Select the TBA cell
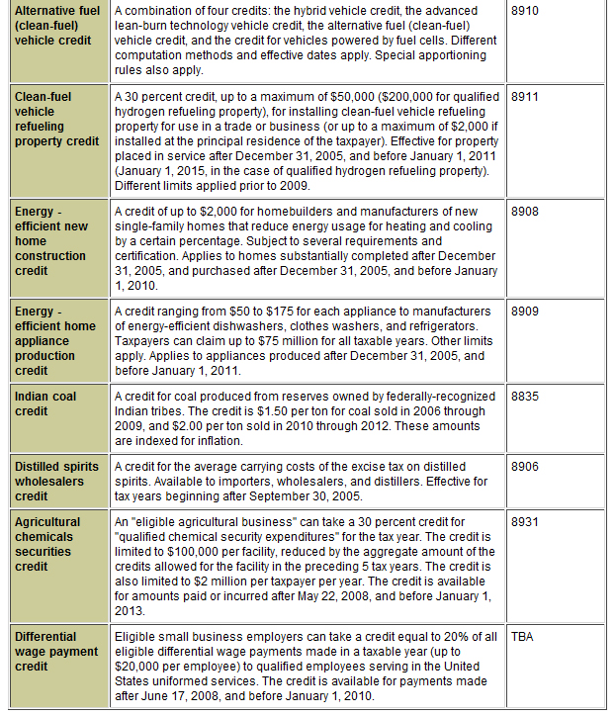click(523, 637)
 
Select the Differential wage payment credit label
click(56, 652)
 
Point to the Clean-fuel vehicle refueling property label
click(56, 120)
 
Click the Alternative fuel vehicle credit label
click(57, 26)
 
